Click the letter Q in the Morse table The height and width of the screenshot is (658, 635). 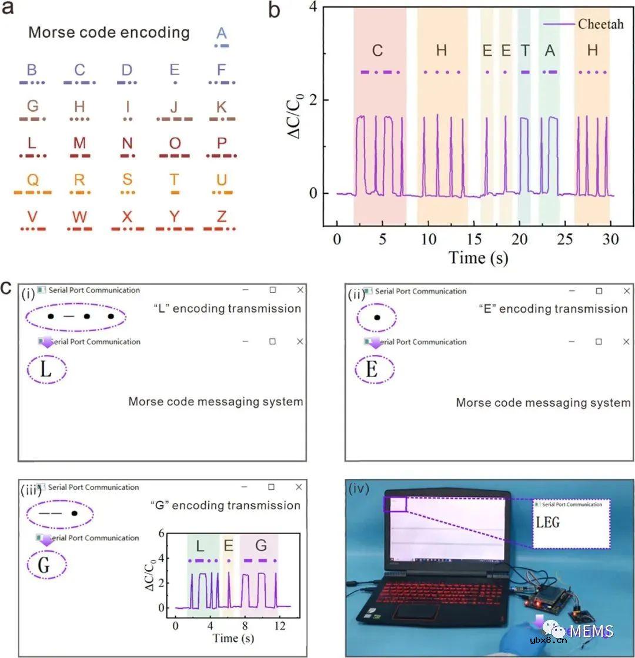pyautogui.click(x=32, y=179)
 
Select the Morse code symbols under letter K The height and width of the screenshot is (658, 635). pyautogui.click(x=222, y=119)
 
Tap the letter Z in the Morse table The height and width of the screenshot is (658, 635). pyautogui.click(x=221, y=216)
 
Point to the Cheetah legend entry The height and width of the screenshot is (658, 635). pyautogui.click(x=583, y=24)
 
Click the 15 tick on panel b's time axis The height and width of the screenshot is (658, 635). pyautogui.click(x=474, y=239)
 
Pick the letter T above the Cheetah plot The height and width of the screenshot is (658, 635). pyautogui.click(x=524, y=51)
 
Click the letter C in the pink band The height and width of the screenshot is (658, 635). pyautogui.click(x=377, y=51)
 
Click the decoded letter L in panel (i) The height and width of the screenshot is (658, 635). pyautogui.click(x=46, y=370)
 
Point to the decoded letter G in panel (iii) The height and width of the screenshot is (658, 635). pyautogui.click(x=45, y=566)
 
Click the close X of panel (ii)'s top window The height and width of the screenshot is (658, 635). pyautogui.click(x=627, y=291)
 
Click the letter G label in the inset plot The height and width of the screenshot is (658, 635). pyautogui.click(x=261, y=546)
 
